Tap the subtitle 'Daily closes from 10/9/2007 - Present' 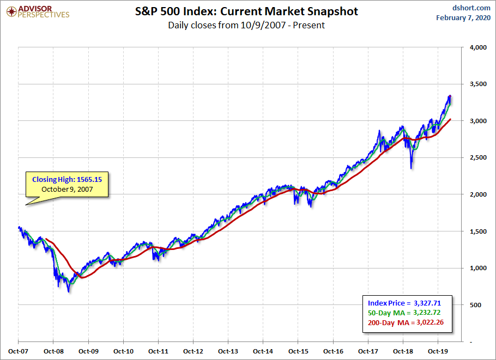click(246, 25)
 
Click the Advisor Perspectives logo click(37, 11)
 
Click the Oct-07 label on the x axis click(19, 351)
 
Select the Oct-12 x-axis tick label click(193, 351)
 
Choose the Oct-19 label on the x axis click(438, 351)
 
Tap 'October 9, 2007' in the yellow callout click(66, 189)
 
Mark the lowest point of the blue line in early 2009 click(69, 292)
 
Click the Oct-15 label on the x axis click(298, 351)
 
